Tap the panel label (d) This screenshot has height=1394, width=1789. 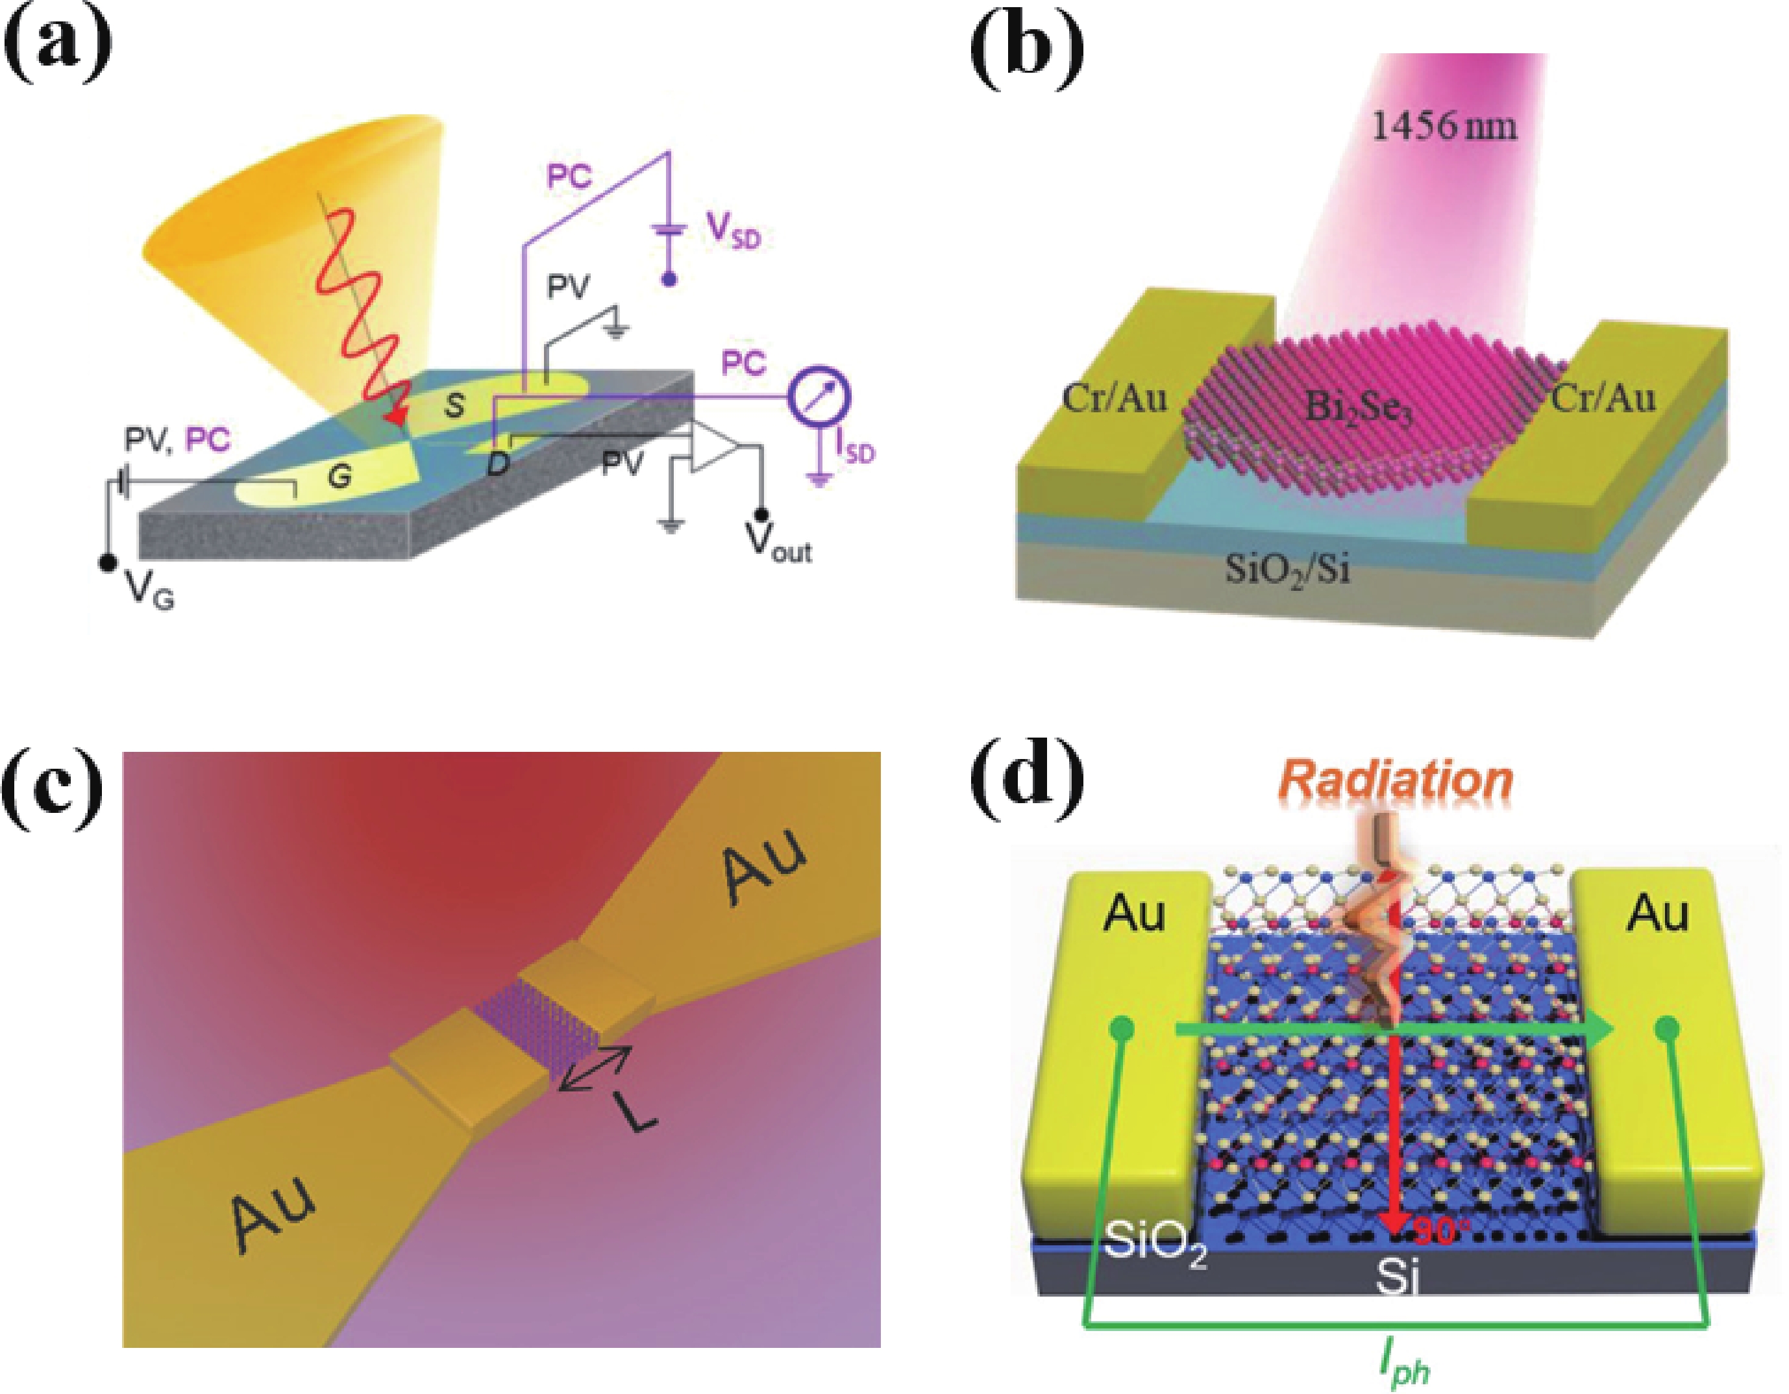click(1026, 793)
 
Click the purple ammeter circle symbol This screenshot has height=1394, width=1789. click(819, 398)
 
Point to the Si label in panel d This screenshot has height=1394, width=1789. click(1398, 1279)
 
